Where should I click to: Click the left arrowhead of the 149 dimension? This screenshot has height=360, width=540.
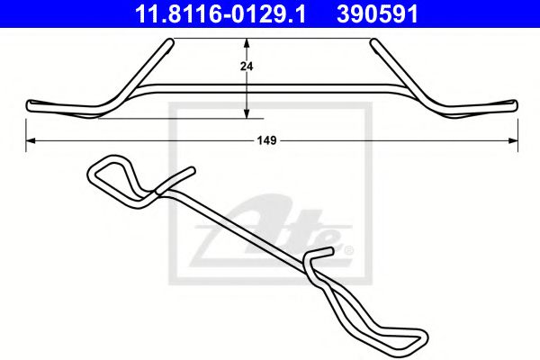click(x=29, y=140)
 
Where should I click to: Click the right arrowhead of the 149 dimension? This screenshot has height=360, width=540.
click(x=514, y=140)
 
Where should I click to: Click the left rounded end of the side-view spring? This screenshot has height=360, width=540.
click(x=31, y=105)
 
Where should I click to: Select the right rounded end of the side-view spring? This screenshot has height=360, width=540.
click(x=513, y=105)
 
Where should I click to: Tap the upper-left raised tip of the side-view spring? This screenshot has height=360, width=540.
click(x=168, y=41)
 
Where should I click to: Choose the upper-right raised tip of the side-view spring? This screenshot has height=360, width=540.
click(x=373, y=41)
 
